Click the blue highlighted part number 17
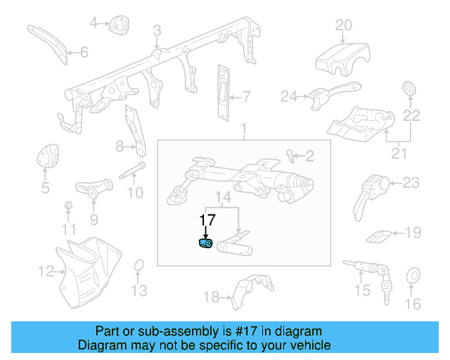pyautogui.click(x=205, y=243)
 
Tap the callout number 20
pyautogui.click(x=342, y=26)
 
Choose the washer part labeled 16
pyautogui.click(x=413, y=276)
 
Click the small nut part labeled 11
pyautogui.click(x=68, y=205)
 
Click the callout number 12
pyautogui.click(x=45, y=270)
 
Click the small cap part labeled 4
pyautogui.click(x=117, y=25)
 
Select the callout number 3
pyautogui.click(x=157, y=30)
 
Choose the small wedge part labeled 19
pyautogui.click(x=380, y=235)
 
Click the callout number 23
pyautogui.click(x=411, y=184)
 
